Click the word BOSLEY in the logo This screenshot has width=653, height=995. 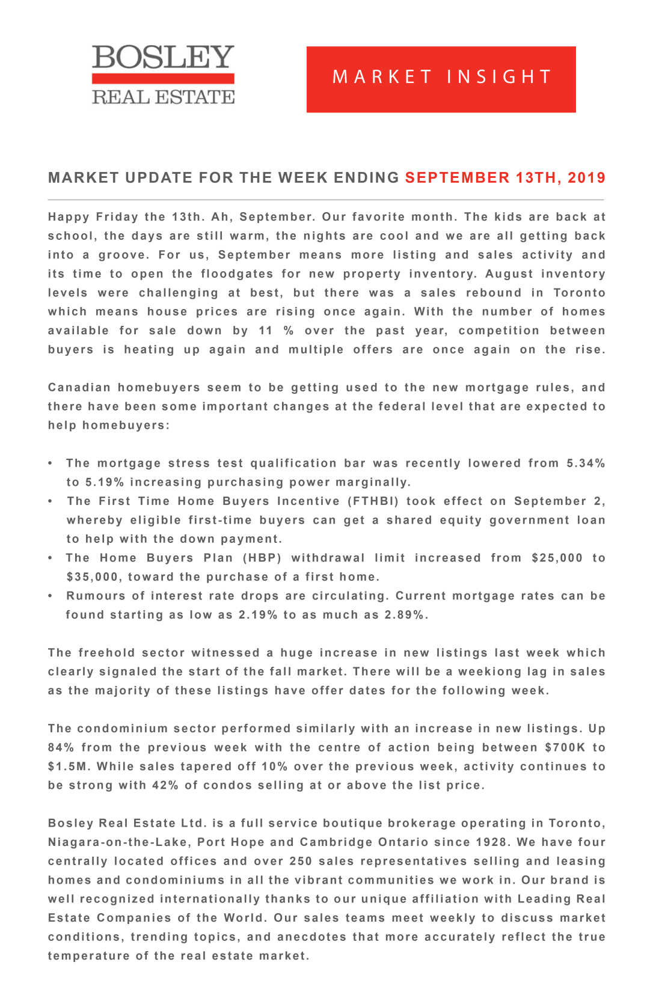[162, 57]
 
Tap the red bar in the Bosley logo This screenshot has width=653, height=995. [162, 79]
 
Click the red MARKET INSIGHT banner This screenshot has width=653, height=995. [441, 79]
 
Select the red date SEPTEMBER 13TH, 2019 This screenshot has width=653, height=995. [505, 178]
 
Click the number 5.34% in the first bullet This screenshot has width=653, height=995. [586, 464]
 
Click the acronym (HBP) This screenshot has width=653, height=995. [262, 558]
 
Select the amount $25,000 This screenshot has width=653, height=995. [557, 558]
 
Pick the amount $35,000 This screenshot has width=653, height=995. [93, 577]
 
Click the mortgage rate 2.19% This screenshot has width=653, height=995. [258, 615]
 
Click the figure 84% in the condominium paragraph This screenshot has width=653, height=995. [61, 748]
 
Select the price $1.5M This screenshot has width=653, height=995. [68, 767]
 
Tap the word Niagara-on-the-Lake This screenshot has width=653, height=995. [118, 842]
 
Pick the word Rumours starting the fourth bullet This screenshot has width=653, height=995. [95, 596]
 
